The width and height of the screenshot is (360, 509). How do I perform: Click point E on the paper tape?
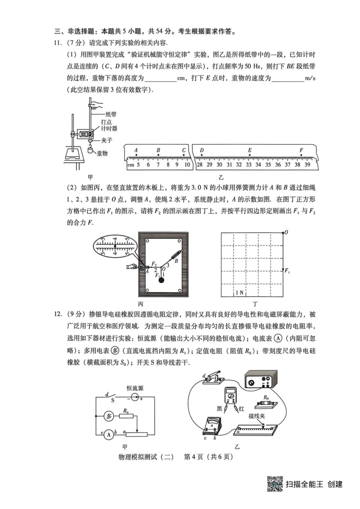[x=250, y=151]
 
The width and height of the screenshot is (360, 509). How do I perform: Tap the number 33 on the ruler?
[x=249, y=165]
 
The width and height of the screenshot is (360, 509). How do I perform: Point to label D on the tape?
[x=202, y=151]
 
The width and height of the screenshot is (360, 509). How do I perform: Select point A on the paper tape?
[x=136, y=151]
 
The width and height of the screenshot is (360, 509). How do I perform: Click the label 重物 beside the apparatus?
[x=102, y=154]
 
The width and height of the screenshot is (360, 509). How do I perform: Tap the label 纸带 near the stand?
[x=111, y=114]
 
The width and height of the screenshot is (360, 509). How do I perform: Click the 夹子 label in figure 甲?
[x=107, y=141]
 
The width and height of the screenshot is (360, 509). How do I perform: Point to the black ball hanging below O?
[x=161, y=280]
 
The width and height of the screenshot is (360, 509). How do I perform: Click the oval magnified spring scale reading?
[x=115, y=247]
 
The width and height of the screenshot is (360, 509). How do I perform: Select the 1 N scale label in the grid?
[x=239, y=293]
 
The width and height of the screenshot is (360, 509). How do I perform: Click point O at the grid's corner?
[x=286, y=233]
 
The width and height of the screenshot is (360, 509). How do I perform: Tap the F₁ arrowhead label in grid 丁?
[x=287, y=271]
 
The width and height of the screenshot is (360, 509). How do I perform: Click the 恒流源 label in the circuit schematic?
[x=135, y=388]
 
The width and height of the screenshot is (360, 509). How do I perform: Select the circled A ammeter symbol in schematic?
[x=109, y=434]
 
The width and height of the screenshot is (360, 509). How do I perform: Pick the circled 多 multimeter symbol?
[x=109, y=416]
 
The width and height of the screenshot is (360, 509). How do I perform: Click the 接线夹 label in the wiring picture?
[x=257, y=416]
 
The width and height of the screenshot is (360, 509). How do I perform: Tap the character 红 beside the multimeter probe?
[x=241, y=409]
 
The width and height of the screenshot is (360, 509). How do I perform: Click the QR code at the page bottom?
[x=275, y=484]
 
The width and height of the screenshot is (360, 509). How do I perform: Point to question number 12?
[x=58, y=314]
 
